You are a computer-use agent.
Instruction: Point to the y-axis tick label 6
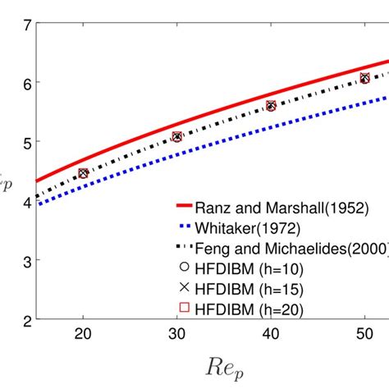tap(26, 83)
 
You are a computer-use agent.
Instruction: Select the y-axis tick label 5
tap(26, 142)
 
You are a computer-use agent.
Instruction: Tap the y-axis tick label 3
tap(26, 261)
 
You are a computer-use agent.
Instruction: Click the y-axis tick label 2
tap(26, 320)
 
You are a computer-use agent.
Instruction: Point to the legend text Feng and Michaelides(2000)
tap(291, 248)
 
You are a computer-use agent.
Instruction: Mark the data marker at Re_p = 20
tap(82, 173)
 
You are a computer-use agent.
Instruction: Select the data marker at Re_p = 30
tap(176, 137)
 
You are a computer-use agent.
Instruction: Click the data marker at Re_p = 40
tap(271, 105)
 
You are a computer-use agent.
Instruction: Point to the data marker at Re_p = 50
tap(364, 78)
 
